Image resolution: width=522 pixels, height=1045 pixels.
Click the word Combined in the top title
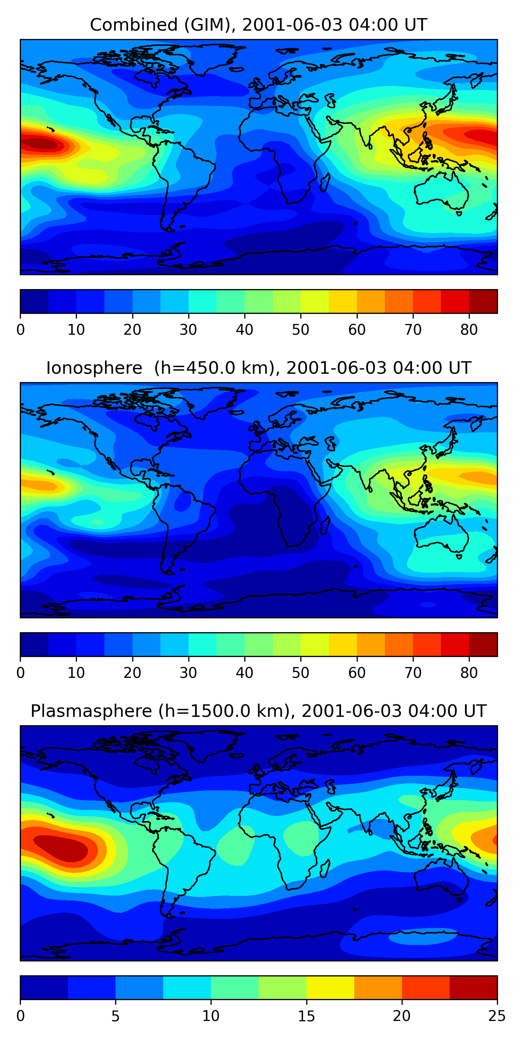pyautogui.click(x=133, y=25)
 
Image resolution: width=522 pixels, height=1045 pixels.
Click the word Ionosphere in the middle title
pyautogui.click(x=94, y=368)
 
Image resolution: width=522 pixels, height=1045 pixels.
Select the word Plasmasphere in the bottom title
pyautogui.click(x=91, y=711)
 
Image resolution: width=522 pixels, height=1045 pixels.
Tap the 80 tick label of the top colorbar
pyautogui.click(x=469, y=330)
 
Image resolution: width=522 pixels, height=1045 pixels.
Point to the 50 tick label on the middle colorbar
pyautogui.click(x=300, y=673)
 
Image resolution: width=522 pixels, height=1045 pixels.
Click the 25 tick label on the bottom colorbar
pyautogui.click(x=497, y=1016)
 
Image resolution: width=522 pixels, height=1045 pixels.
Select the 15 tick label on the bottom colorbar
pyautogui.click(x=306, y=1016)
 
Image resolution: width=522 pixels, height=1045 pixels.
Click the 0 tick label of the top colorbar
pyautogui.click(x=21, y=330)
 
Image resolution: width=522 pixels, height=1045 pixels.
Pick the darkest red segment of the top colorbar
pyautogui.click(x=483, y=301)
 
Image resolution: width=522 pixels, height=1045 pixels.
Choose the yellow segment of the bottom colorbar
pyautogui.click(x=330, y=988)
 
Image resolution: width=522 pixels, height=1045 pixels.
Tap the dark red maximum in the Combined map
pyautogui.click(x=39, y=143)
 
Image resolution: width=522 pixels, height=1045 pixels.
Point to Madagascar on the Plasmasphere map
pyautogui.click(x=325, y=868)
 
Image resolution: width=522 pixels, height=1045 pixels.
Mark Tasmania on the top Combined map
pyautogui.click(x=459, y=213)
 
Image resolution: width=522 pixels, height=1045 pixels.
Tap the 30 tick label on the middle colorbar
pyautogui.click(x=189, y=673)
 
